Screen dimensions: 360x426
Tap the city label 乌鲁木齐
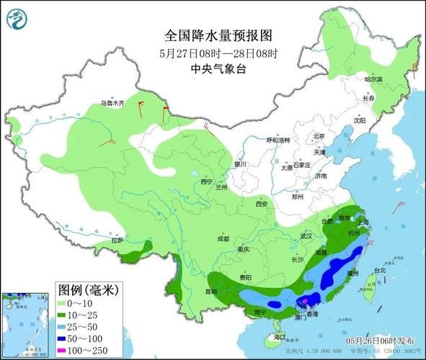point(112,104)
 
